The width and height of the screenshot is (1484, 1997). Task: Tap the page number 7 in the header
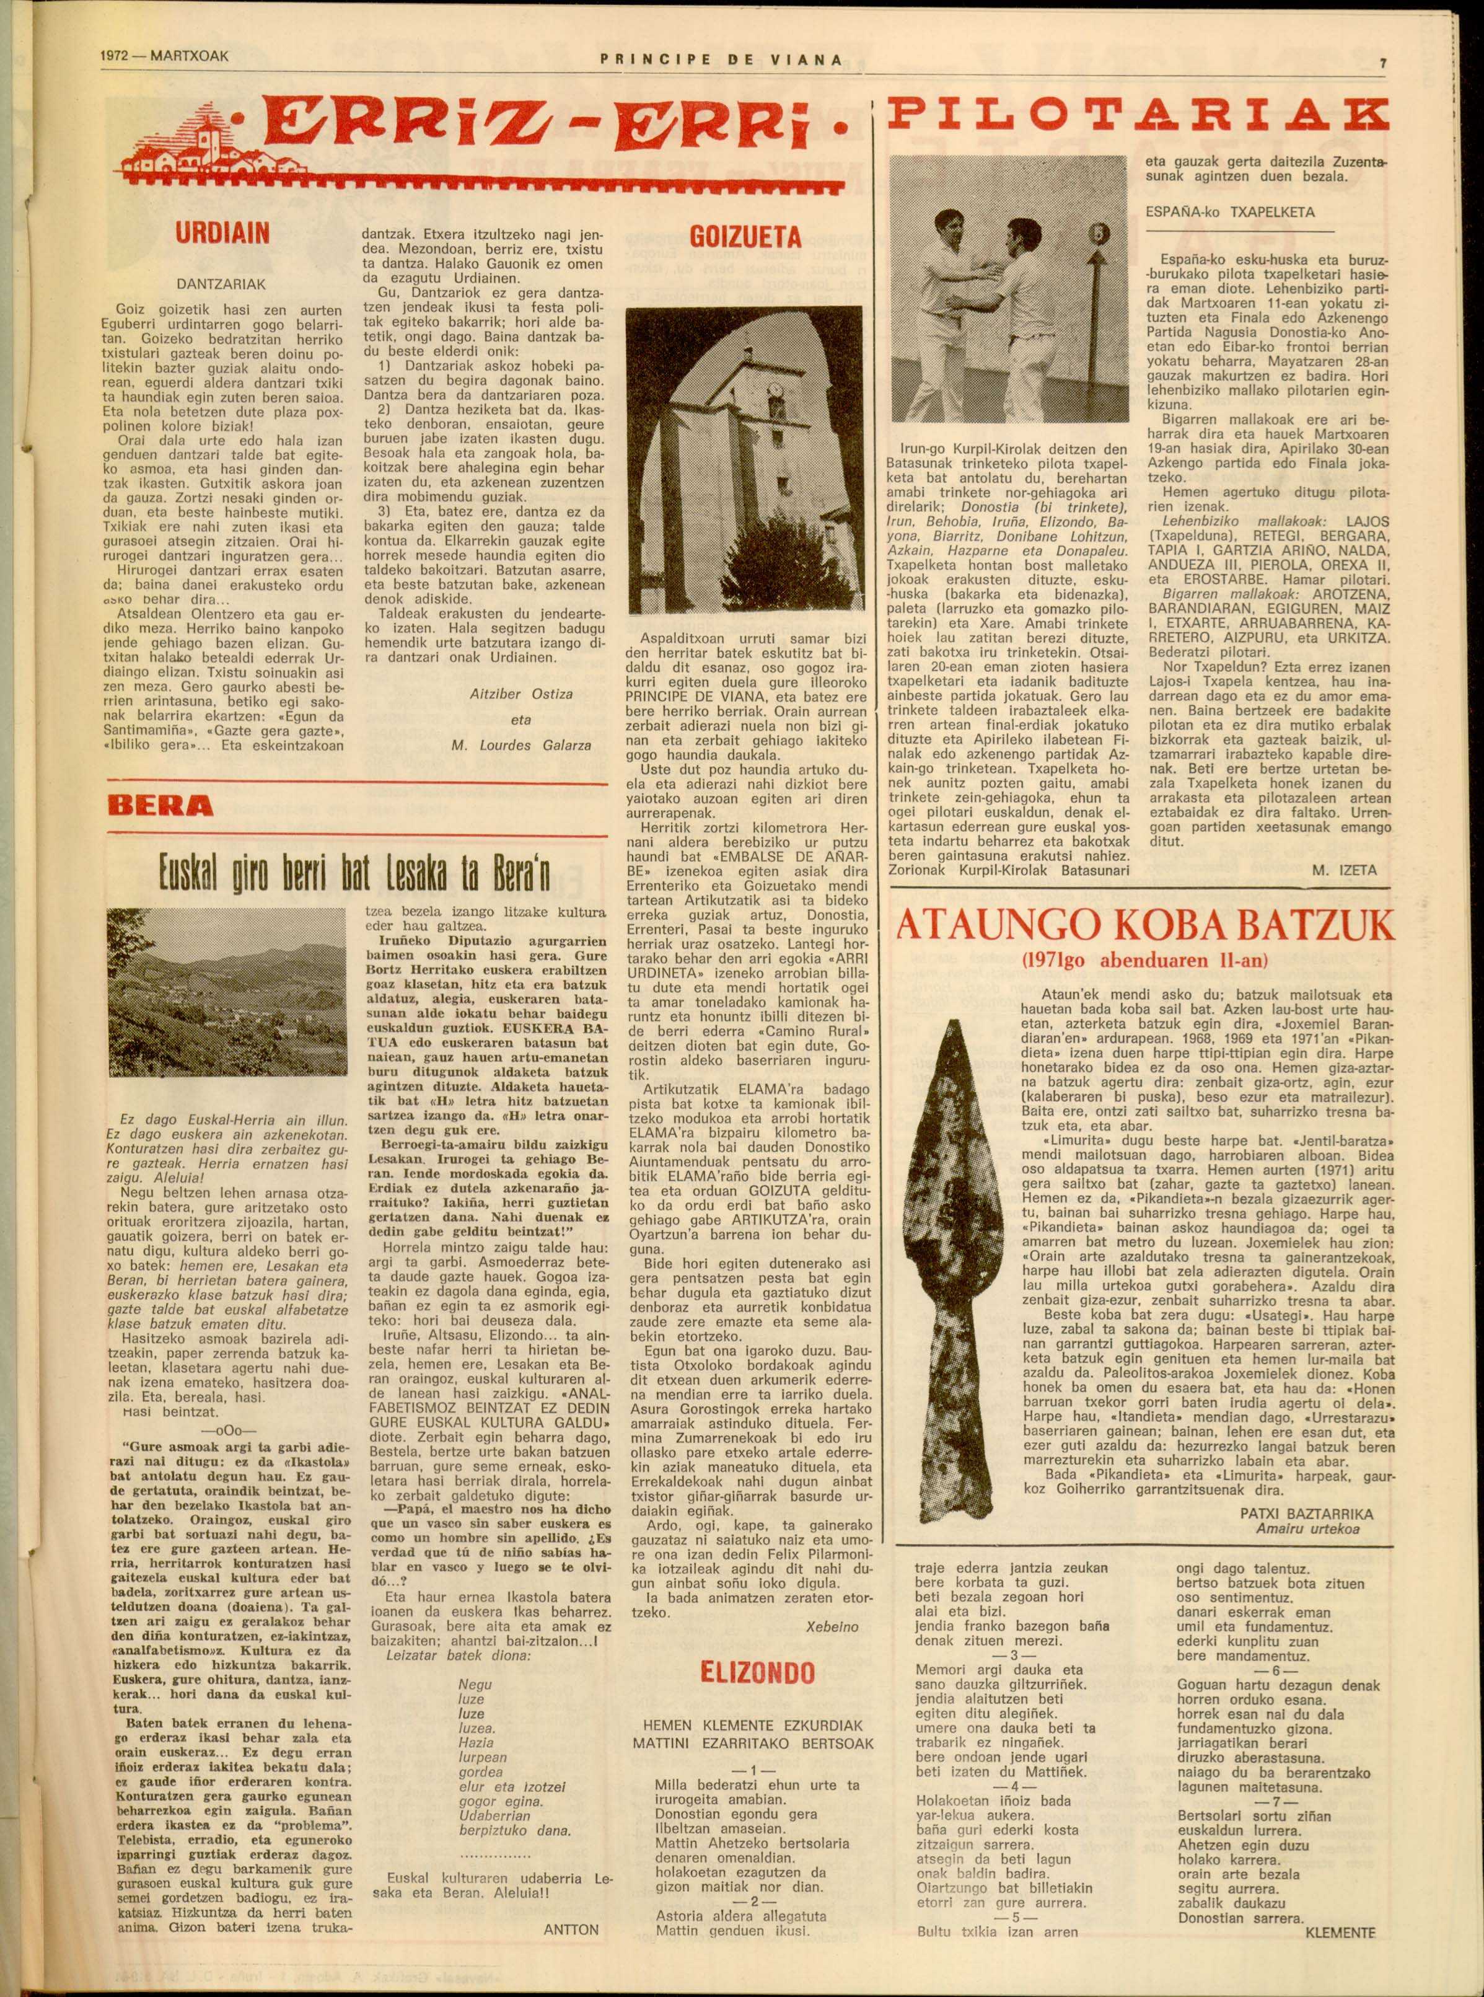(x=1384, y=64)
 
